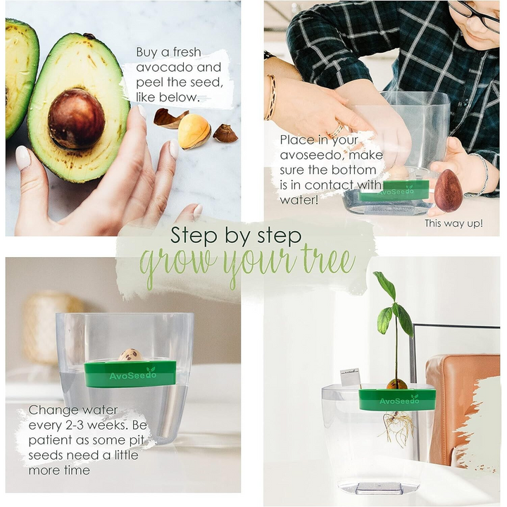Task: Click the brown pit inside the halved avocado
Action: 76,118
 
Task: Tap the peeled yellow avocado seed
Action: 194,132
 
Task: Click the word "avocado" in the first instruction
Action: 163,68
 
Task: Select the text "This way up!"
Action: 453,223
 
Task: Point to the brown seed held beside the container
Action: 448,190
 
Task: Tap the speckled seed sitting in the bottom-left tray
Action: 130,355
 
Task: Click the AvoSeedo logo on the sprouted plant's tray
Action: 399,400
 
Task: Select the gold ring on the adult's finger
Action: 337,130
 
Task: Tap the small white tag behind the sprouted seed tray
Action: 350,378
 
